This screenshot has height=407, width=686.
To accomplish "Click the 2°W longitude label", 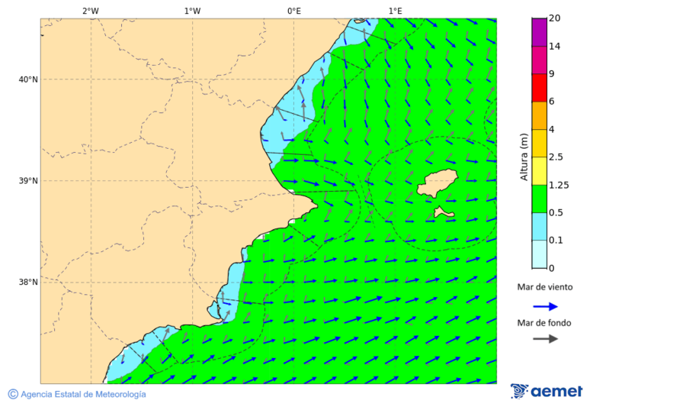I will click(x=90, y=11).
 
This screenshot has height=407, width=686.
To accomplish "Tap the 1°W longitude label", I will click(x=192, y=11).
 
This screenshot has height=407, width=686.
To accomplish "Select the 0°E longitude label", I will click(x=293, y=11).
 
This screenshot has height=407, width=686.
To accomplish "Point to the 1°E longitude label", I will click(x=396, y=11).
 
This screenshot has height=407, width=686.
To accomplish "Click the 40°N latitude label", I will click(x=28, y=79).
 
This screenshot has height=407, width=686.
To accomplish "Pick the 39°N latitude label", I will click(x=28, y=181).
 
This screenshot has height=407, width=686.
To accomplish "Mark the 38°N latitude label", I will click(x=28, y=283).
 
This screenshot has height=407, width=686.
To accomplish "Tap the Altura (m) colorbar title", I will click(x=524, y=157).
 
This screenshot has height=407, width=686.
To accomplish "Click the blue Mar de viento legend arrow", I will click(x=545, y=306).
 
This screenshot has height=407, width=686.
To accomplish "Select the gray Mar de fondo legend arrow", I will click(x=545, y=339).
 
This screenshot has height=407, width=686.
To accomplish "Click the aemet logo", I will click(x=547, y=391).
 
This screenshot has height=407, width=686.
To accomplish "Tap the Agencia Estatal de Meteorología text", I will click(x=83, y=394).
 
